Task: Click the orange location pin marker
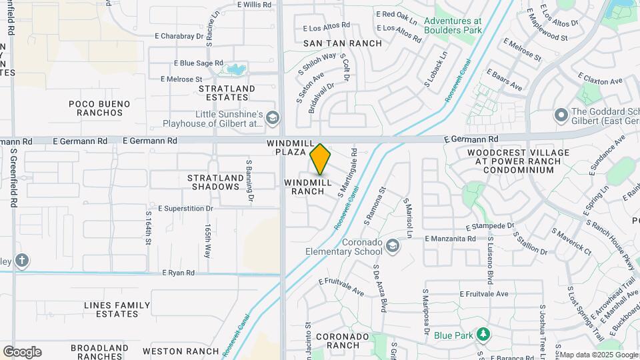pos(321,159)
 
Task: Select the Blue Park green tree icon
pos(481,333)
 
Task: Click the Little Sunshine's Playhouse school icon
pos(271,119)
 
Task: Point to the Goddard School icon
pos(560,116)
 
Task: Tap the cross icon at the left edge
pos(21,260)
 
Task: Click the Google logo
pos(22,351)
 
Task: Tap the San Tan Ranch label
pos(343,43)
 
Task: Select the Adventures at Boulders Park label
pos(453,26)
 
